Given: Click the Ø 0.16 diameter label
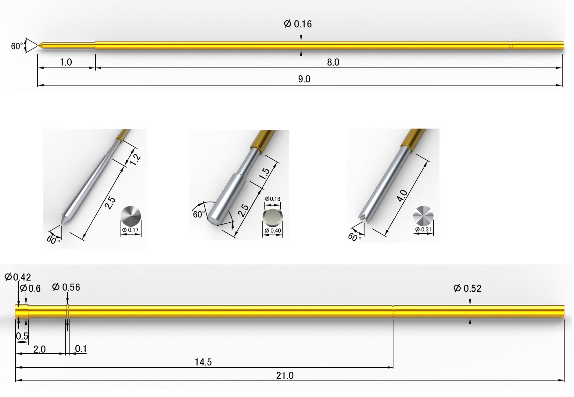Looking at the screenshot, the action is [298, 24].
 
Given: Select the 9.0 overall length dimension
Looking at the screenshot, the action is [304, 79].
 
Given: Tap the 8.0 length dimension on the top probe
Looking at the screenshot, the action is [333, 62].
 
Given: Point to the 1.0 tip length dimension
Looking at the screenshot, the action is [66, 62].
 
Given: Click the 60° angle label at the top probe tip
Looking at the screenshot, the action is [17, 46].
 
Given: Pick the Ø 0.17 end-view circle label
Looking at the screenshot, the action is [130, 230].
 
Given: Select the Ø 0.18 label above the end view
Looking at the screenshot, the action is [272, 199].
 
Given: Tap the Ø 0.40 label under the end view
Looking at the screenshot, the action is [273, 231].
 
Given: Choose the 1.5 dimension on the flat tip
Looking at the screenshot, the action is [265, 173].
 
